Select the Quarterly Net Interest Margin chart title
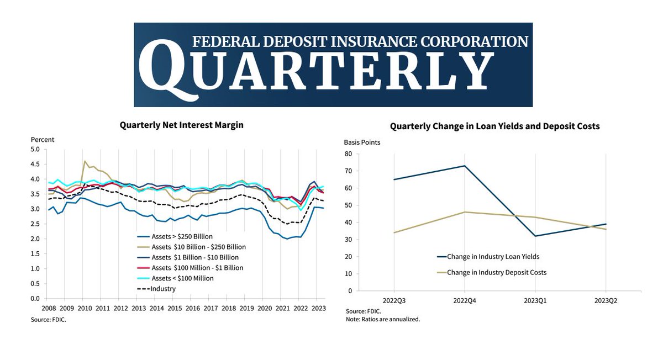coord(182,125)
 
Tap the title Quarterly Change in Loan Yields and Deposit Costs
coord(494,126)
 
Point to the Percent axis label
coord(43,139)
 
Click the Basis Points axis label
coord(362,142)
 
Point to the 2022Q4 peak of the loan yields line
coord(464,166)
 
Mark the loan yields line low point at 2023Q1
coord(535,236)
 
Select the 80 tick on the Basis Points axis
coord(348,154)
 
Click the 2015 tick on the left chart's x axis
coord(174,309)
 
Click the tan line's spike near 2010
coord(85,161)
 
